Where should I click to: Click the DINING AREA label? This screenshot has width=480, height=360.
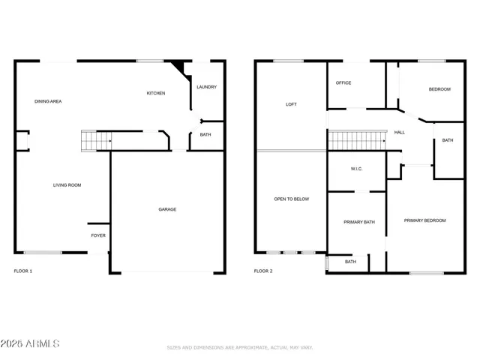click(48, 100)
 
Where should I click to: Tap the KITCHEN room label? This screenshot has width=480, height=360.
click(156, 93)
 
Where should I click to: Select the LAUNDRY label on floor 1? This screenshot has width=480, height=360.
click(206, 87)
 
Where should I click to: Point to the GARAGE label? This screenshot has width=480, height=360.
click(167, 209)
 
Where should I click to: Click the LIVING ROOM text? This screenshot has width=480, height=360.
click(67, 184)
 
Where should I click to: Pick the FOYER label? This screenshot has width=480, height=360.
click(98, 235)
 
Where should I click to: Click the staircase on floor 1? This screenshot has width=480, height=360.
click(95, 139)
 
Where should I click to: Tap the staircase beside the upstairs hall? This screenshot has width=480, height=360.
click(357, 139)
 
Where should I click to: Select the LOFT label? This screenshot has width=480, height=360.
click(292, 104)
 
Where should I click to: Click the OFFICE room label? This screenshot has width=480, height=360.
click(343, 82)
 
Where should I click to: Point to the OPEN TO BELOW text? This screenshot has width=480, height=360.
click(291, 199)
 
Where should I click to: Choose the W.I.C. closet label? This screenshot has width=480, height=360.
click(356, 169)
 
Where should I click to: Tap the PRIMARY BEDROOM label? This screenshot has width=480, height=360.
click(424, 220)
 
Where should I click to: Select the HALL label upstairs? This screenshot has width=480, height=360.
click(400, 132)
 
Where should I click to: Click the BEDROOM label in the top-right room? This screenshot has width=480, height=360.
click(439, 89)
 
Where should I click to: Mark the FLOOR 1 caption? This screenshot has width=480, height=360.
click(23, 271)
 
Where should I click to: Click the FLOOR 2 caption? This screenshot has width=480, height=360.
click(262, 271)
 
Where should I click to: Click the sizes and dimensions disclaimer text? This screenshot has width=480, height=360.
click(240, 347)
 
